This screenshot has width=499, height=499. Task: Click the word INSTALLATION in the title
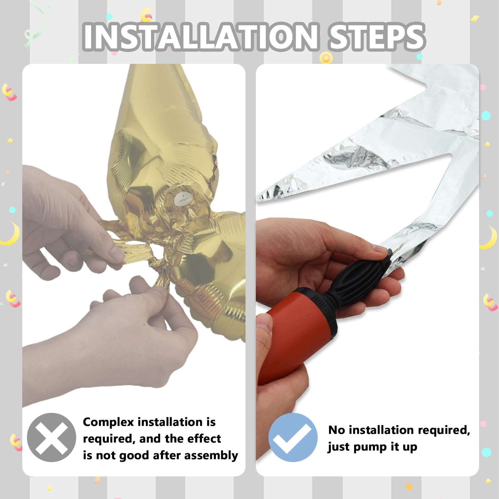pyautogui.click(x=201, y=37)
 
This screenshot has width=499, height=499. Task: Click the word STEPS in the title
pyautogui.click(x=376, y=37)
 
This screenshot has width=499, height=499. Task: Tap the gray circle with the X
pyautogui.click(x=52, y=437)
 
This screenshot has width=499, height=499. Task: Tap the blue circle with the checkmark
pyautogui.click(x=293, y=437)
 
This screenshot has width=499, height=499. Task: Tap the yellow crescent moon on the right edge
pyautogui.click(x=489, y=238)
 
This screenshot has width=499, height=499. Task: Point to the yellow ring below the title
pyautogui.click(x=326, y=58)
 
